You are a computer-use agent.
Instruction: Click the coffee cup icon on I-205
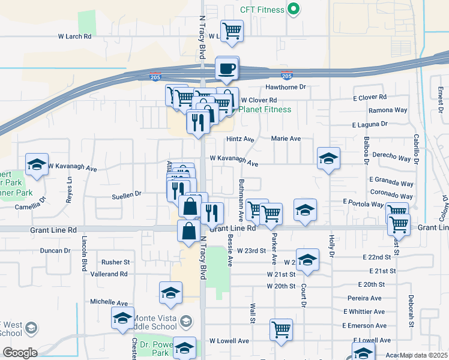[x=227, y=68]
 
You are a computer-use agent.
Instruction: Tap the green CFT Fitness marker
[x=294, y=9]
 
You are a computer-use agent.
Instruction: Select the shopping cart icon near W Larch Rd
[x=232, y=31]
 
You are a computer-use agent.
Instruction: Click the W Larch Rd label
[x=74, y=37]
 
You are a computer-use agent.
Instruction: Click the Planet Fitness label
[x=265, y=109]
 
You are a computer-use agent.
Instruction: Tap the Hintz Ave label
[x=241, y=139]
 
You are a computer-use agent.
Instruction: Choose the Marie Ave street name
[x=286, y=139]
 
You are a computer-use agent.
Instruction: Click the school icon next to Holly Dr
[x=328, y=158]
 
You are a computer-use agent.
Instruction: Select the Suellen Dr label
[x=126, y=194]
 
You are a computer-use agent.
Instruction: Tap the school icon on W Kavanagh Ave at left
[x=37, y=164]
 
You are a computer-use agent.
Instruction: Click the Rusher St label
[x=115, y=262]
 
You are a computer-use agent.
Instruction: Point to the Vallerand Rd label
[x=109, y=274]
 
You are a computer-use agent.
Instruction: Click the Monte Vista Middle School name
[x=155, y=322]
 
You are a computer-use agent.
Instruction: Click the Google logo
[x=20, y=353]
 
